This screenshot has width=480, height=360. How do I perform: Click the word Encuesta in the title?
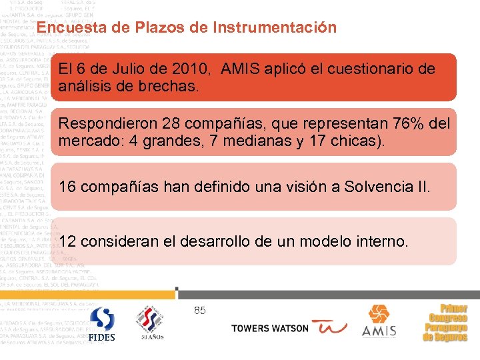[x=66, y=28]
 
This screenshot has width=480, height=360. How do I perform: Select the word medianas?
[x=242, y=141]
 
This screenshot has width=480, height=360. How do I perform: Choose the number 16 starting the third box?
[x=67, y=187]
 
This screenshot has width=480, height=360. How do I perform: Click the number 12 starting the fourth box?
[x=67, y=241]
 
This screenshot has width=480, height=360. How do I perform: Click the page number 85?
[x=200, y=310]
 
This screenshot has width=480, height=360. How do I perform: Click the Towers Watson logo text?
[x=270, y=328]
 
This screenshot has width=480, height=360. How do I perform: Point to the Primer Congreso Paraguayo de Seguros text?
[x=445, y=323]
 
